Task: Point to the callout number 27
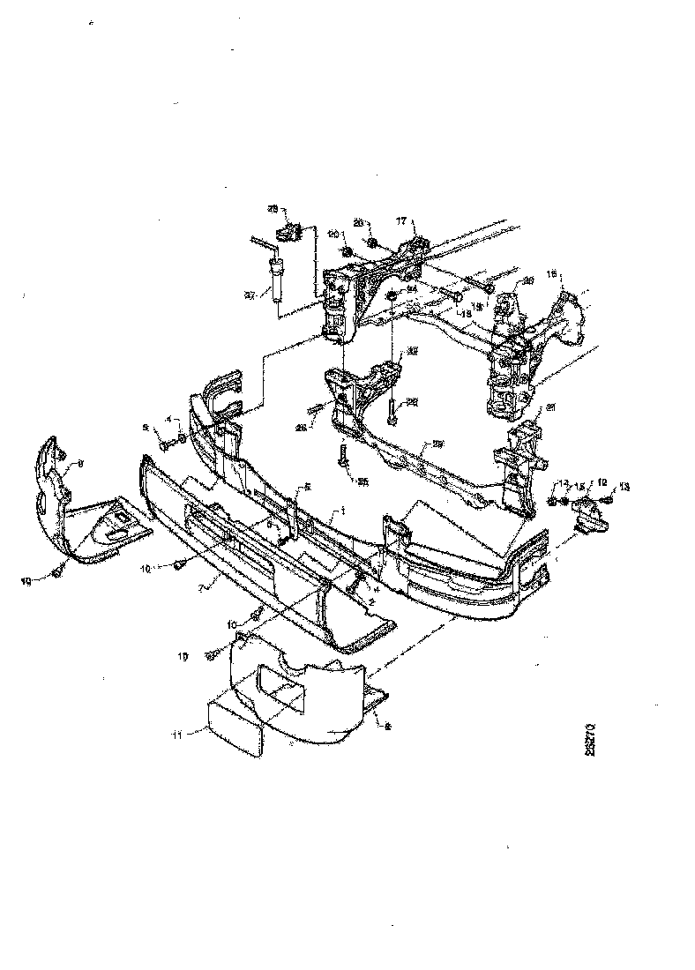250,296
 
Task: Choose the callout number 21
550,407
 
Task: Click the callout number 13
625,487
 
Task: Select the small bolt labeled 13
607,501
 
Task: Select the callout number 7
201,586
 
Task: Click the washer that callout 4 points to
181,437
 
